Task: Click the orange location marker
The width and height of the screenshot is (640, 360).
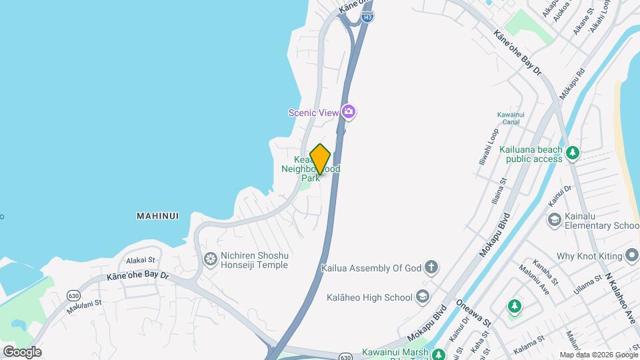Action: [x=321, y=159]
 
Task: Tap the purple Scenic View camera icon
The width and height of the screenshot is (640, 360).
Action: [x=348, y=112]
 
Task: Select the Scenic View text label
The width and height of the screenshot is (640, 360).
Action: [x=313, y=113]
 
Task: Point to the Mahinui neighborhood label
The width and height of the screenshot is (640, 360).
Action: [x=159, y=216]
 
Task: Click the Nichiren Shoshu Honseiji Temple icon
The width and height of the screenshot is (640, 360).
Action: [x=211, y=258]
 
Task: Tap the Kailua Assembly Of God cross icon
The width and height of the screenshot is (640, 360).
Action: [x=431, y=268]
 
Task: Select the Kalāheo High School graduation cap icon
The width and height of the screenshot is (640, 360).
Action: [x=421, y=297]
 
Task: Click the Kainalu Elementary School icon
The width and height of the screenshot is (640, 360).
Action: [x=554, y=219]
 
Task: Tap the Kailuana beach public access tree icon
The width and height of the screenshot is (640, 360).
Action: [x=572, y=154]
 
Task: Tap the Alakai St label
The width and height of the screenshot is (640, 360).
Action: [x=141, y=260]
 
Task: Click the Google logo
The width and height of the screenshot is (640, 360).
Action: [x=21, y=352]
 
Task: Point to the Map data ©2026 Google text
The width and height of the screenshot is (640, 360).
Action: [x=598, y=355]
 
